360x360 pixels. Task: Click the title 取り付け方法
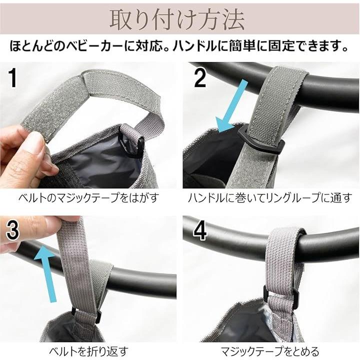point(177,19)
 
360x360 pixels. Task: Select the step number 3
point(12,229)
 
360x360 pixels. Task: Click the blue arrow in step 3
point(47,273)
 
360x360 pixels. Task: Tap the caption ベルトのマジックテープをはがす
point(88,198)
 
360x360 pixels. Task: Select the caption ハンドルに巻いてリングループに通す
point(270,198)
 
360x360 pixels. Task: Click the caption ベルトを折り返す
point(88,351)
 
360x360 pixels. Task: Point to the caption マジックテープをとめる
point(270,351)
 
